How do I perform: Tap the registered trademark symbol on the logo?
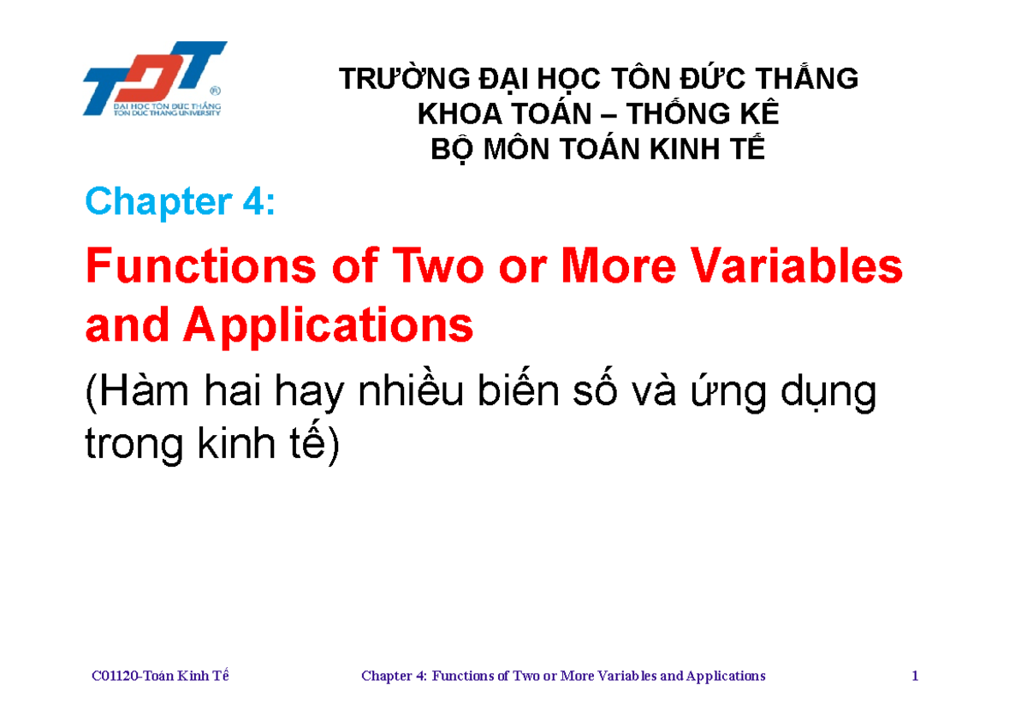pos(215,90)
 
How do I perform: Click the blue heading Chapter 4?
pos(180,202)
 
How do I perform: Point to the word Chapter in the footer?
pos(387,676)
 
